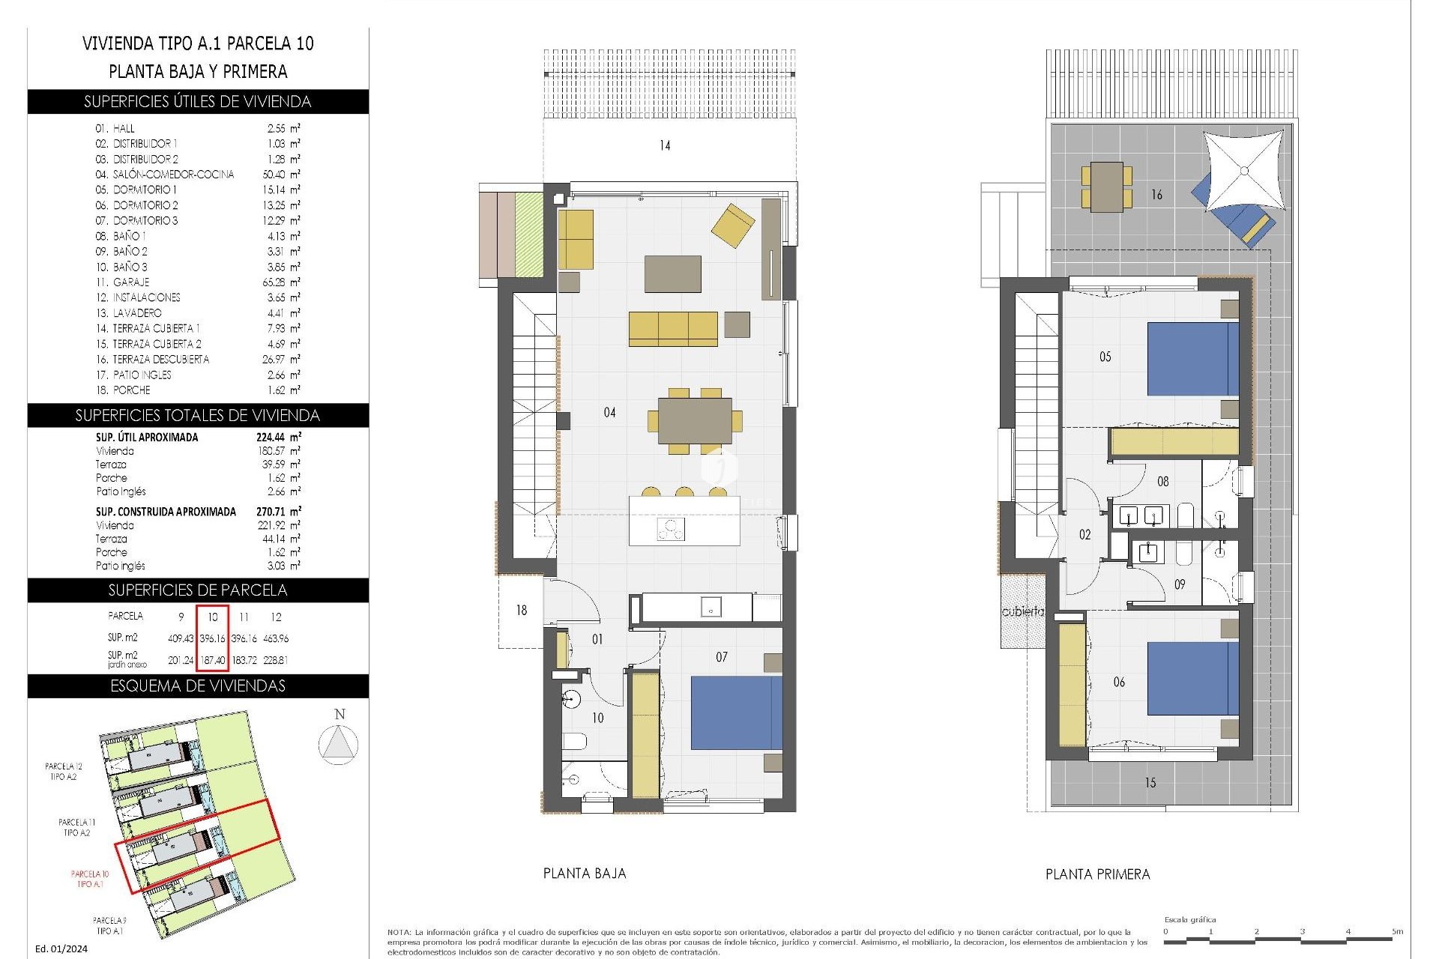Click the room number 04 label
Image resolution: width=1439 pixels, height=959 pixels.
[609, 412]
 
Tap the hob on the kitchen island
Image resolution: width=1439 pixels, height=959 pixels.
[671, 530]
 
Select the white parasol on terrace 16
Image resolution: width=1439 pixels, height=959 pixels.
[1243, 171]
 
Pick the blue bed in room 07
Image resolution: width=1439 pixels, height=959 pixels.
[736, 713]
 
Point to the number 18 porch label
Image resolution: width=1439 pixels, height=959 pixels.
[521, 611]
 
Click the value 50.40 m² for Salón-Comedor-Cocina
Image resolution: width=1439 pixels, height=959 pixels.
[278, 175]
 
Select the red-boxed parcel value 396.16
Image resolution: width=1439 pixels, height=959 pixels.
[212, 639]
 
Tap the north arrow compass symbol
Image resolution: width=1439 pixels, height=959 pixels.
[339, 744]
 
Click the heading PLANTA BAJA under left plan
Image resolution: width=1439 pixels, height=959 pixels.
[584, 873]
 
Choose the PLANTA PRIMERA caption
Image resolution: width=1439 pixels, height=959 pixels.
[1097, 874]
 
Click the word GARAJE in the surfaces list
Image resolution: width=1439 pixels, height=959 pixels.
[131, 282]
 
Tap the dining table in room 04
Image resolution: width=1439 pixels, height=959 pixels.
[695, 421]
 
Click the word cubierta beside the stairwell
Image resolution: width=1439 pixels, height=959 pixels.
[1022, 611]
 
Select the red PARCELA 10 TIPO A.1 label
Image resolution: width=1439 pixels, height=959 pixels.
[90, 879]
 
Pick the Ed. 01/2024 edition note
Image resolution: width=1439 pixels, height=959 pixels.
[61, 949]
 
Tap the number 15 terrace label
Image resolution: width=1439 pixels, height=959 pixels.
[1150, 783]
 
